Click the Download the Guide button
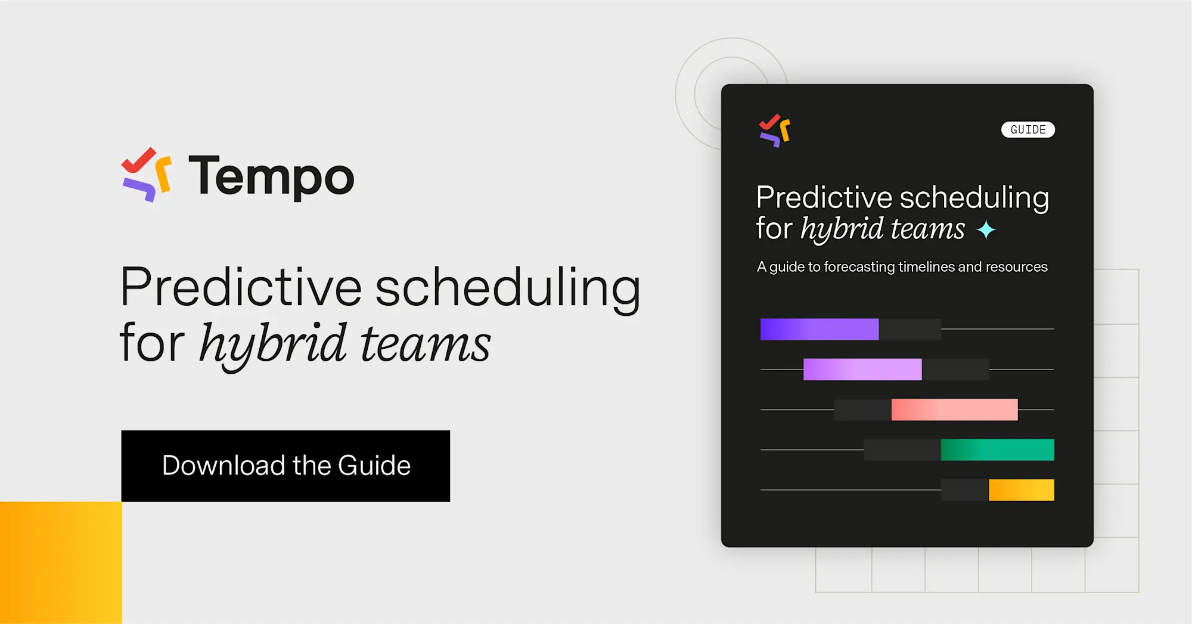[x=285, y=465]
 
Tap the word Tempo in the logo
[x=271, y=176]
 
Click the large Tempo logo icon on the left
[x=147, y=174]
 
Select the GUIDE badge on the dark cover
[x=1028, y=129]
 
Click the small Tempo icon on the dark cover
[x=774, y=130]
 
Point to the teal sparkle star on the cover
[x=986, y=229]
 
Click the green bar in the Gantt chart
[x=997, y=450]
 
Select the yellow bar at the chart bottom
[x=1021, y=490]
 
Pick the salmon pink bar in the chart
[x=954, y=409]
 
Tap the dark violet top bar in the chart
[x=819, y=329]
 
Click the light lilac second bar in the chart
[x=862, y=370]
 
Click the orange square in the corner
[x=60, y=563]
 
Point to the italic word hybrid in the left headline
[x=272, y=344]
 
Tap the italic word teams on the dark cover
[x=927, y=229]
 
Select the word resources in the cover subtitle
[x=1016, y=267]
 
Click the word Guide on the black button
[x=374, y=465]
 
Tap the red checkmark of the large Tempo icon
[x=138, y=159]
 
